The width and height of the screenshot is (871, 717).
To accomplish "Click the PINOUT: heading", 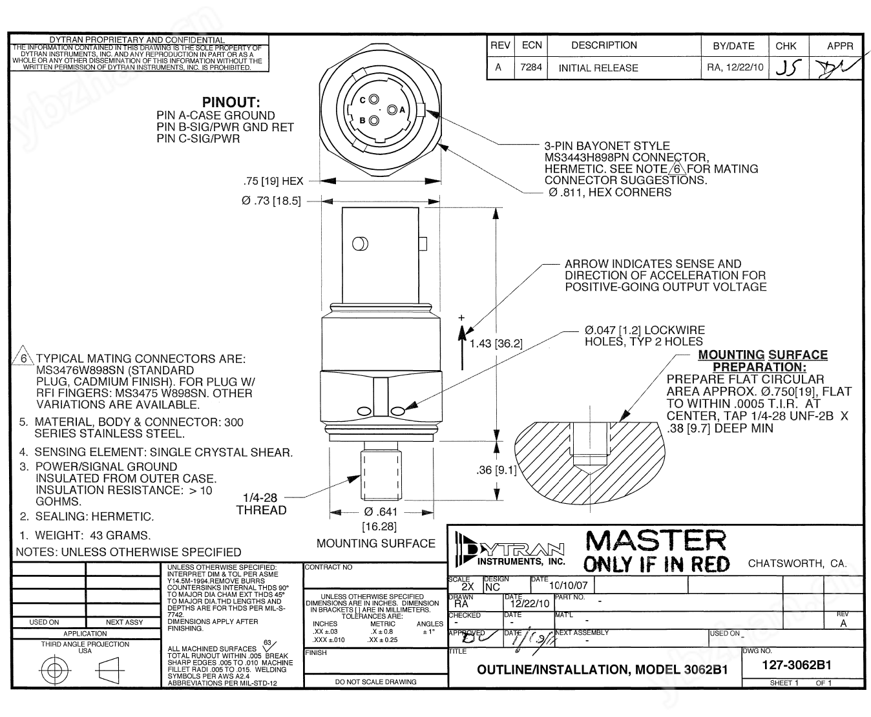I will (231, 102).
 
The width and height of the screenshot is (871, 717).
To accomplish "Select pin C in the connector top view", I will (372, 99).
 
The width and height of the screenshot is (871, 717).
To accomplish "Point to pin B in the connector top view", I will (372, 119).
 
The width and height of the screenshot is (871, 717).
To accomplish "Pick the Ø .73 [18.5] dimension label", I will (271, 201).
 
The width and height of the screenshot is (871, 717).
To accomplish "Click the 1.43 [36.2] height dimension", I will (496, 343).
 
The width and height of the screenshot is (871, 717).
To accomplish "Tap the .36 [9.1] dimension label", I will (496, 470).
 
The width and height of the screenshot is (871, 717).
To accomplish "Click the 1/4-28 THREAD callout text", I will (261, 504).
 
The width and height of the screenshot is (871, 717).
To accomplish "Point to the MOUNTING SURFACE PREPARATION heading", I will (762, 360).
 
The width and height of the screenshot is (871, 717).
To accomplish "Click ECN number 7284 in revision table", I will (531, 67).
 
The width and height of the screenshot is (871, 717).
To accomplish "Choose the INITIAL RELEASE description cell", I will (598, 68).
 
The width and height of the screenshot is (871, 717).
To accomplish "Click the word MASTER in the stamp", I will (655, 541).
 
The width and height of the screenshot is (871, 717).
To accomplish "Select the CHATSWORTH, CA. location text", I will (797, 563).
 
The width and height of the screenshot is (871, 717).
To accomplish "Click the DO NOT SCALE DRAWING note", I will (375, 681).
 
